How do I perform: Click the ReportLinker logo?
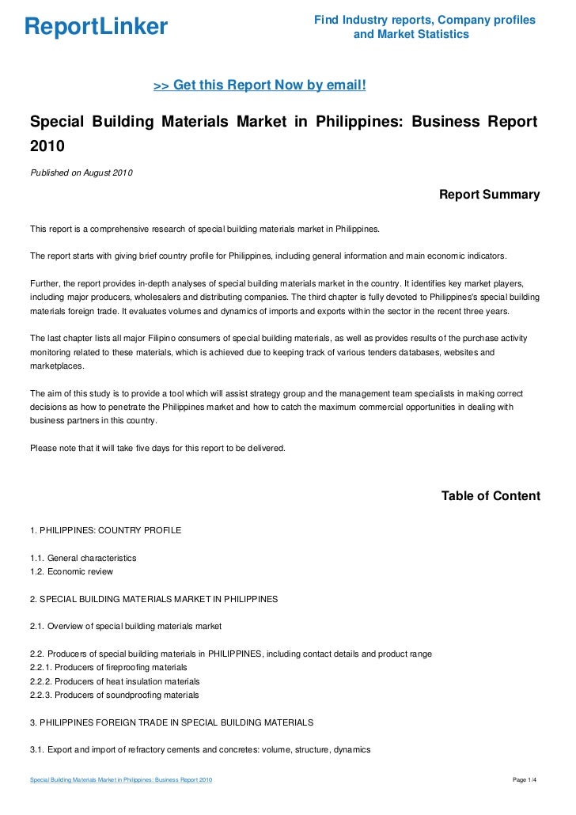[x=96, y=28]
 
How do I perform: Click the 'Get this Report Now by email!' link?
[x=260, y=85]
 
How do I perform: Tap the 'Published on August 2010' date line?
[x=81, y=172]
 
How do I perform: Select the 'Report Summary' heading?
[x=489, y=195]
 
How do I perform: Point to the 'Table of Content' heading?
[x=491, y=496]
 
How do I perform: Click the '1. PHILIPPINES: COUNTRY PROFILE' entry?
[x=105, y=530]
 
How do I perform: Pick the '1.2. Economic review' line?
[x=71, y=571]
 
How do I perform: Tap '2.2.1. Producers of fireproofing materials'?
[x=108, y=667]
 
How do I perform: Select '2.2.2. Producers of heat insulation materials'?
[x=115, y=681]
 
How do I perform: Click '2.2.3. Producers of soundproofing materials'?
[x=114, y=695]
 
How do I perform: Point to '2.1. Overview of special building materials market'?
[x=126, y=627]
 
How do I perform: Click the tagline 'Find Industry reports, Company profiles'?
[x=424, y=20]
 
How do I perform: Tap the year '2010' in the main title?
[x=47, y=147]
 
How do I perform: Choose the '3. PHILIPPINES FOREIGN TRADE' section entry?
[x=172, y=722]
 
